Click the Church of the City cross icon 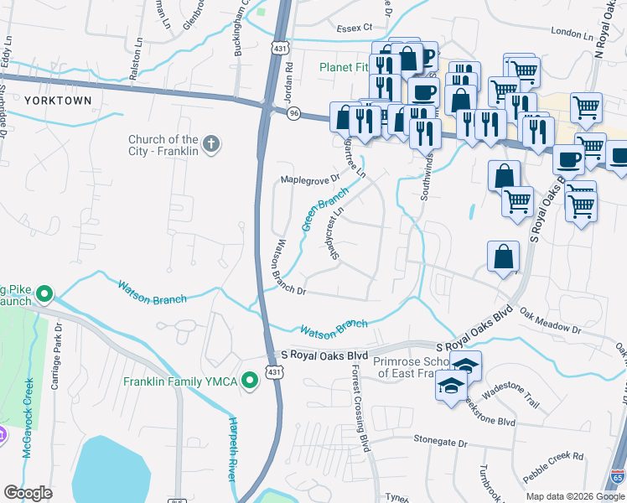[210, 145]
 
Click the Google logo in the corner [28, 493]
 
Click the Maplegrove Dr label [309, 179]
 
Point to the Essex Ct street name [353, 28]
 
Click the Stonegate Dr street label [439, 441]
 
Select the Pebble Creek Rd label [555, 456]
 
